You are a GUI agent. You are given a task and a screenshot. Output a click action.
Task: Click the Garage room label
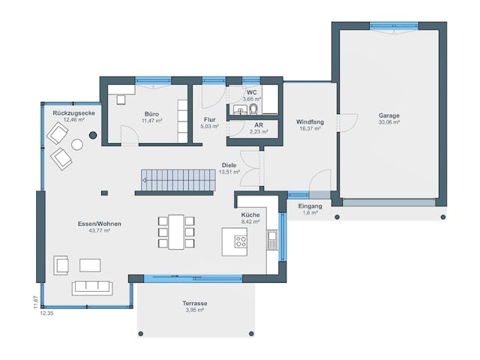point(388,115)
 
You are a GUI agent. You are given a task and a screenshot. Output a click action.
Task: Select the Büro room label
point(151,114)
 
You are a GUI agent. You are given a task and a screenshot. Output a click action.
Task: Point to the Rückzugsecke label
point(73,112)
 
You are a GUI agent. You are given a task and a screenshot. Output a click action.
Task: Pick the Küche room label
point(250,214)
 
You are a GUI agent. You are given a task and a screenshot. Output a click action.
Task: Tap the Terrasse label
point(195,303)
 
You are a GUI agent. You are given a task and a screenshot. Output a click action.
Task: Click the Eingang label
point(310,205)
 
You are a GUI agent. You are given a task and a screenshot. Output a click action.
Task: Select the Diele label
point(229,165)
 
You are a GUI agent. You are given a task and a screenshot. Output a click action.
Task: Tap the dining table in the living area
point(176,231)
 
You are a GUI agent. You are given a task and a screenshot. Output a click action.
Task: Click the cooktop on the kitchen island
point(241,241)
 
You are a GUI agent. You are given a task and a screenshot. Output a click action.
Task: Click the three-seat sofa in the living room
point(91,287)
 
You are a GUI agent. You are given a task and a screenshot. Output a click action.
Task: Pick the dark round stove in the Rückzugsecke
point(93,135)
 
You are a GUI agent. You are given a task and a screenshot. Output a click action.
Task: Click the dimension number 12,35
point(48,313)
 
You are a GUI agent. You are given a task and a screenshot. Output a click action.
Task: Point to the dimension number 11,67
point(35,301)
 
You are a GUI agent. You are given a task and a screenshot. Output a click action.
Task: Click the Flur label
point(209,119)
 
